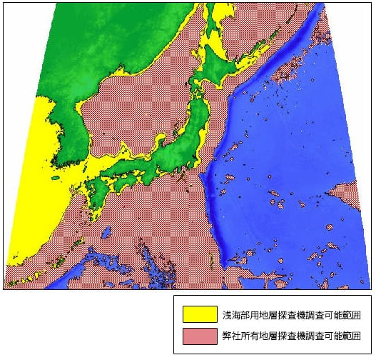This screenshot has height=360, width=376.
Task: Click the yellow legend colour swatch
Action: coord(200,314)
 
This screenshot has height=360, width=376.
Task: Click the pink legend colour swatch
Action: coord(200,336)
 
